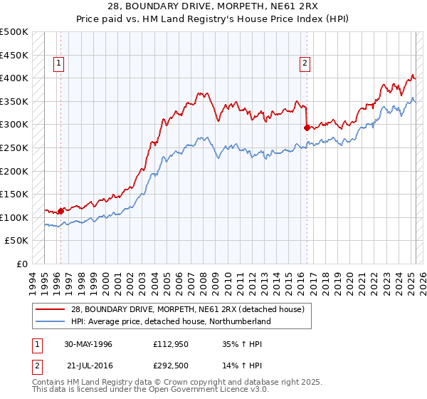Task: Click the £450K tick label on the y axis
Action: tap(14, 55)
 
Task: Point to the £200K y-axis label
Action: tap(14, 171)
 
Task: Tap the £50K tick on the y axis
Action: tap(17, 241)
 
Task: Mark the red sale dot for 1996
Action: tap(61, 211)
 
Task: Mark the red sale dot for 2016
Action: tap(307, 128)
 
